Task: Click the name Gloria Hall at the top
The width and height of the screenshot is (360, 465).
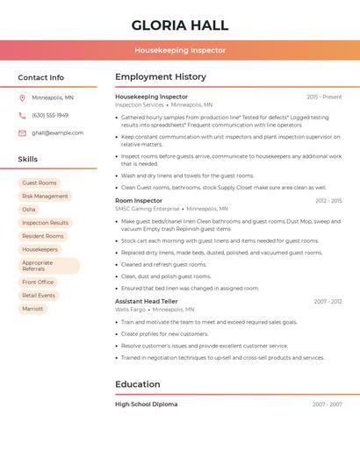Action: coord(179,25)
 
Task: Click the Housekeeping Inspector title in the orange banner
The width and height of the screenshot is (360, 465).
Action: coord(179,51)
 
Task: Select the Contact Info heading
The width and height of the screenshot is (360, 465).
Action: coord(41,77)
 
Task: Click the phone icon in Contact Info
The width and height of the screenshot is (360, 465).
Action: coord(22,115)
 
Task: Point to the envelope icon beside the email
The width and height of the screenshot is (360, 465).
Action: coord(22,133)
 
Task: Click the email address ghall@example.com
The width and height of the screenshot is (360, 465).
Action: coord(58,133)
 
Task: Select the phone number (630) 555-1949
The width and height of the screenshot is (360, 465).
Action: coord(50,115)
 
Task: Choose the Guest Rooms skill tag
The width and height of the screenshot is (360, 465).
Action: coord(39,182)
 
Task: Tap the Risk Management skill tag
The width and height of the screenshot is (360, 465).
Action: coord(45,197)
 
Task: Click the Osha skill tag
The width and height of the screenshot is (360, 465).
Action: coord(29,210)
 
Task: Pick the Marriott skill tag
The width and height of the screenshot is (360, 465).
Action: coord(32,309)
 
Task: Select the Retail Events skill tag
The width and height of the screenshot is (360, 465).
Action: coord(39,296)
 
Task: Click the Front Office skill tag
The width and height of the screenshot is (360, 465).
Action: coord(38,283)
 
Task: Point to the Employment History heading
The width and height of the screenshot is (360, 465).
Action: coord(161,77)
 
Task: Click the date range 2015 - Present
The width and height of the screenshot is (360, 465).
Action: coord(324,97)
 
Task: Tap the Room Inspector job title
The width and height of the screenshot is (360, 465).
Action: coord(139,201)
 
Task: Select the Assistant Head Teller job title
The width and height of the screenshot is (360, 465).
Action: coord(147,301)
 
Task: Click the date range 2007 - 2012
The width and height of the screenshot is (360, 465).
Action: coord(328,302)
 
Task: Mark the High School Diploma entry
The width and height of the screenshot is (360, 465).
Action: coord(147,404)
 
